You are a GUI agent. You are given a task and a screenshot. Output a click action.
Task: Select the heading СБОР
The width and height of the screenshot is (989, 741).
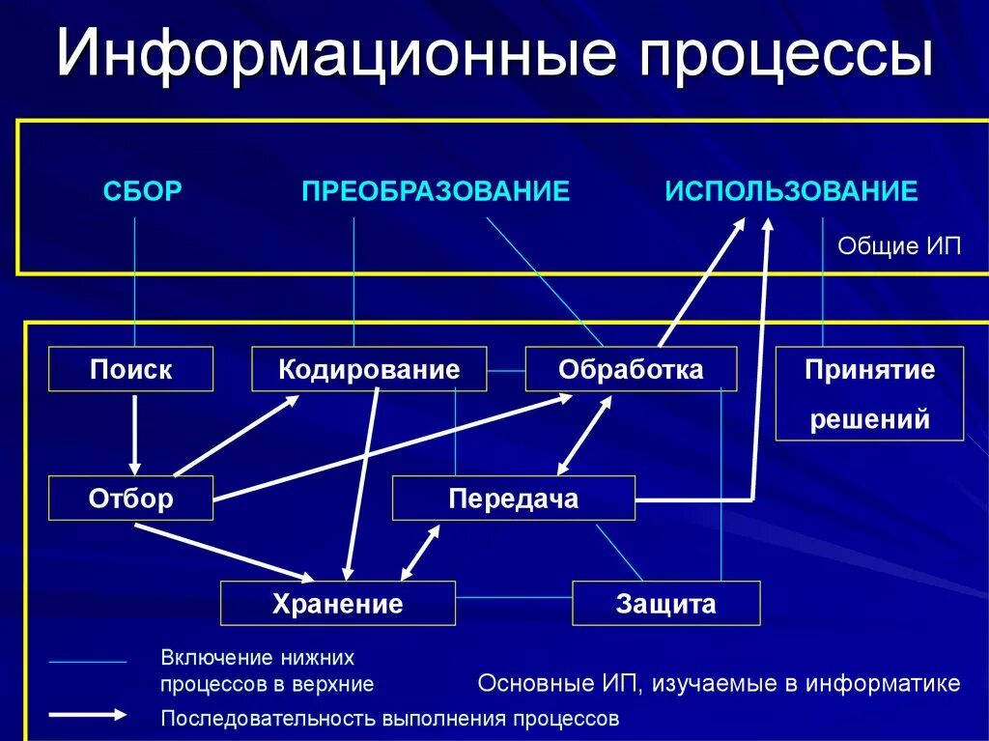pos(142,191)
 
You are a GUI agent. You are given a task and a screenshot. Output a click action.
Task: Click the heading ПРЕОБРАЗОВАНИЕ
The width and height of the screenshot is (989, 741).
pos(436,191)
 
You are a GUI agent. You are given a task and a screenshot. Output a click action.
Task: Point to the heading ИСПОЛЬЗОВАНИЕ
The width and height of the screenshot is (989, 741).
pos(791,191)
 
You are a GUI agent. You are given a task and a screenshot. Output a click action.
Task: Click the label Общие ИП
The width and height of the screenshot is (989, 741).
pos(899,245)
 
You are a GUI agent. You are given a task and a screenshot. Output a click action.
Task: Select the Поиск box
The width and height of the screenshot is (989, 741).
pos(131,369)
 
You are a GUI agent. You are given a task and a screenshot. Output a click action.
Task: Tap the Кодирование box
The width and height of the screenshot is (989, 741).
pos(369,369)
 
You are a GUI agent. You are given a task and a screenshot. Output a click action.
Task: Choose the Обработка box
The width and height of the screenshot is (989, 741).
pos(631,369)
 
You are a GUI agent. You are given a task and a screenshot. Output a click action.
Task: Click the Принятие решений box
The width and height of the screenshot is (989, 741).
pos(870,393)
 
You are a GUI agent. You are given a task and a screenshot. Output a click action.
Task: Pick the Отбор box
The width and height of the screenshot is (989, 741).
pos(131,499)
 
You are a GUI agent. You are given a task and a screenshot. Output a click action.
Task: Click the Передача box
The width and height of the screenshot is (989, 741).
pos(513,499)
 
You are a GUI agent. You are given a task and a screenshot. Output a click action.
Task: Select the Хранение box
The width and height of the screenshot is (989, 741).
pos(337,604)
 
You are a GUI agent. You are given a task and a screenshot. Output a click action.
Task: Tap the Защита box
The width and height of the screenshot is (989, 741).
pos(665,604)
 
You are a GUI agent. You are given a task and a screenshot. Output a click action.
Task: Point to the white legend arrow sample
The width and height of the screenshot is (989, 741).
pos(88,716)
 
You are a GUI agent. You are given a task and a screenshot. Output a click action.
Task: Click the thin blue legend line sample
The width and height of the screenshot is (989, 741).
pos(88,663)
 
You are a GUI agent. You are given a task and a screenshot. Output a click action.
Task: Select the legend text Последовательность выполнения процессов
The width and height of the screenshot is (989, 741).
pos(389,719)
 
